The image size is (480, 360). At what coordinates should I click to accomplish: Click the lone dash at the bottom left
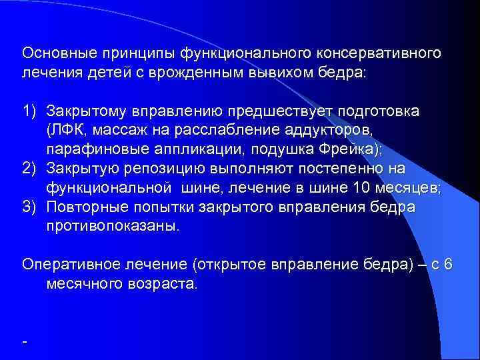pos(25,341)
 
